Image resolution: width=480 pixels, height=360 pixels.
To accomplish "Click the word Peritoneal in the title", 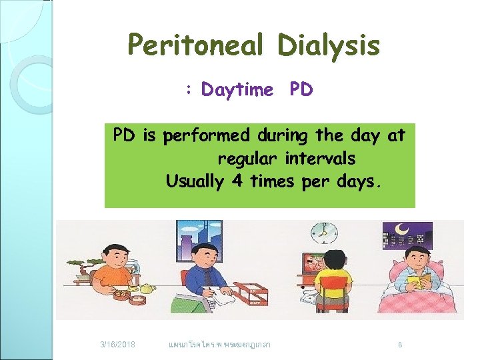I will tap(195, 45).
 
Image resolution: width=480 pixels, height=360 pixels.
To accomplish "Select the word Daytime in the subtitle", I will tap(237, 89).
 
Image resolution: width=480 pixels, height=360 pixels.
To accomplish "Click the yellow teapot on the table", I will tap(146, 288).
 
